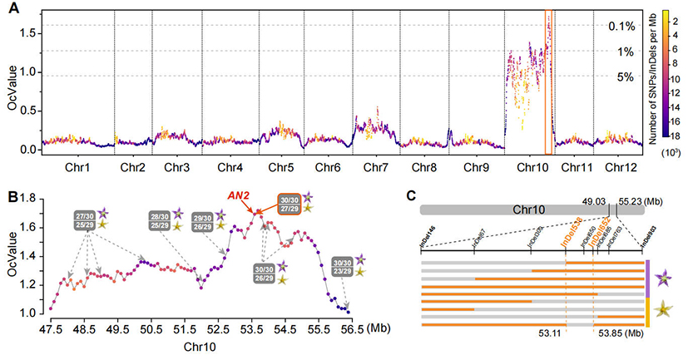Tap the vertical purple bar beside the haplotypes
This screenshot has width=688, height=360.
coord(646,277)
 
